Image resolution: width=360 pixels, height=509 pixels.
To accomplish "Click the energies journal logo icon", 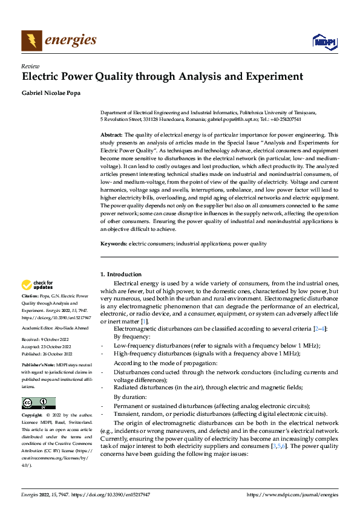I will pos(31,41).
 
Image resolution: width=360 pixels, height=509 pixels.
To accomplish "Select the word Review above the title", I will pos(30,66).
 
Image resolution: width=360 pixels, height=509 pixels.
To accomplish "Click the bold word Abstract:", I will pos(111,135).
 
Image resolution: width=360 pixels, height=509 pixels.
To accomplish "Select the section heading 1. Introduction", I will pos(121,274).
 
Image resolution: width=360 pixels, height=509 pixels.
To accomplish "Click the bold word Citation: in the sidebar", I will pos(31,296).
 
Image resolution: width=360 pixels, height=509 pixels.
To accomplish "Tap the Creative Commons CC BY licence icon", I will pos(38,403).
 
